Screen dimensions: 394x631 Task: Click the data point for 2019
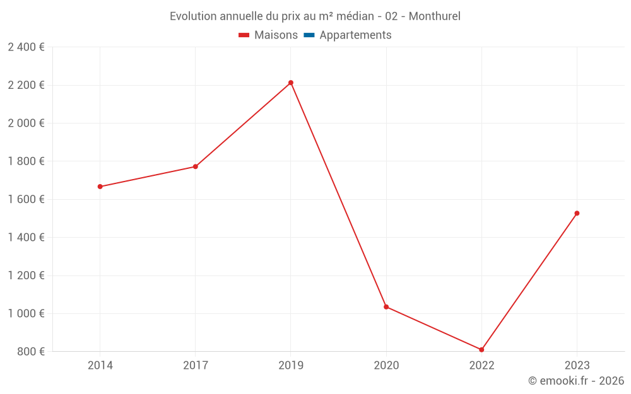pyautogui.click(x=291, y=83)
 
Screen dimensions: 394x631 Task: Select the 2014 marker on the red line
pyautogui.click(x=100, y=187)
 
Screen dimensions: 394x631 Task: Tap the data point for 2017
pyautogui.click(x=196, y=166)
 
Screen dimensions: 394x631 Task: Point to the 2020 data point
pyautogui.click(x=386, y=307)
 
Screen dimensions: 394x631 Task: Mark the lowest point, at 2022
pyautogui.click(x=481, y=350)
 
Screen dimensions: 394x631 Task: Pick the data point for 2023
pyautogui.click(x=577, y=213)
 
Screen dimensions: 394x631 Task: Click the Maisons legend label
pyautogui.click(x=276, y=35)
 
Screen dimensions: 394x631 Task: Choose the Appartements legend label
pyautogui.click(x=355, y=35)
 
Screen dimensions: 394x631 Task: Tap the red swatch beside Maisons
pyautogui.click(x=244, y=35)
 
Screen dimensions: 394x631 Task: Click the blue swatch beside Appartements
pyautogui.click(x=309, y=35)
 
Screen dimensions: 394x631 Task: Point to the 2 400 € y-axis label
pyautogui.click(x=26, y=47)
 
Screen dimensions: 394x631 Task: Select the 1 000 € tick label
pyautogui.click(x=26, y=313)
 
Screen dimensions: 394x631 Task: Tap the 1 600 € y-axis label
pyautogui.click(x=26, y=199)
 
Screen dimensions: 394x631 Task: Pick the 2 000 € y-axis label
pyautogui.click(x=26, y=123)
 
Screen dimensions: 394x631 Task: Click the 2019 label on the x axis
pyautogui.click(x=291, y=365)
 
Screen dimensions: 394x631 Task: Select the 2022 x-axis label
pyautogui.click(x=481, y=365)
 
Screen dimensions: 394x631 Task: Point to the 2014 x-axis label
pyautogui.click(x=100, y=365)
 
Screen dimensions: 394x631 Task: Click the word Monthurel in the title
pyautogui.click(x=434, y=16)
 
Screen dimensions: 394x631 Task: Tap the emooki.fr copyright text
pyautogui.click(x=575, y=381)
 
